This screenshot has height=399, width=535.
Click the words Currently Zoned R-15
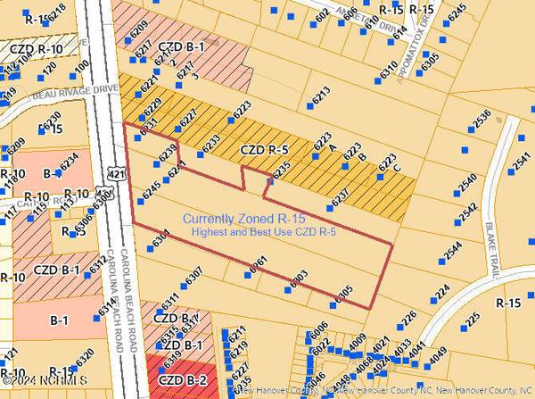[x=235, y=219]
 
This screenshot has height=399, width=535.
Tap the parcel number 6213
[x=322, y=92]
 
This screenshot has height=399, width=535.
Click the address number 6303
[x=299, y=280]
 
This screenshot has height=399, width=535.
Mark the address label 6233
[x=210, y=144]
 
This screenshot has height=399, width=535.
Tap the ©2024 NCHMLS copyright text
[x=36, y=391]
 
